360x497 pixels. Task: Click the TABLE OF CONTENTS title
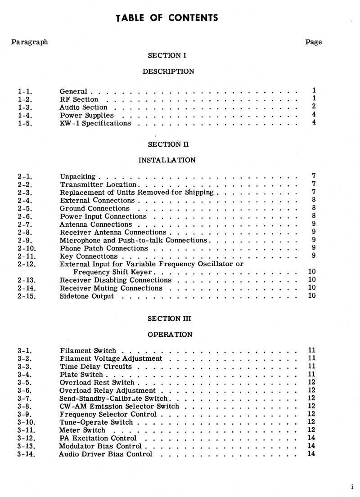click(x=167, y=18)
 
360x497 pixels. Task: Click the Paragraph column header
click(x=30, y=42)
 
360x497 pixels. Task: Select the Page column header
click(x=314, y=42)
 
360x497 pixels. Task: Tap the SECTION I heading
click(x=167, y=56)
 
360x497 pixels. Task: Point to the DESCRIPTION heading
click(x=168, y=71)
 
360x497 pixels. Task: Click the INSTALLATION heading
click(x=167, y=160)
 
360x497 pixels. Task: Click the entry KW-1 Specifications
click(x=95, y=123)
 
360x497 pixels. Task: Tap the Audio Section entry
click(x=84, y=107)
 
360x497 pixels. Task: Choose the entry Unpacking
click(x=77, y=176)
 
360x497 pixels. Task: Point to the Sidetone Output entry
click(x=87, y=296)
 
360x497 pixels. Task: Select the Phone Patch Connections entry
click(x=104, y=248)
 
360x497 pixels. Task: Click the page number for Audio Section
click(x=314, y=107)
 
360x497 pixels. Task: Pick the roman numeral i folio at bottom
click(x=352, y=487)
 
